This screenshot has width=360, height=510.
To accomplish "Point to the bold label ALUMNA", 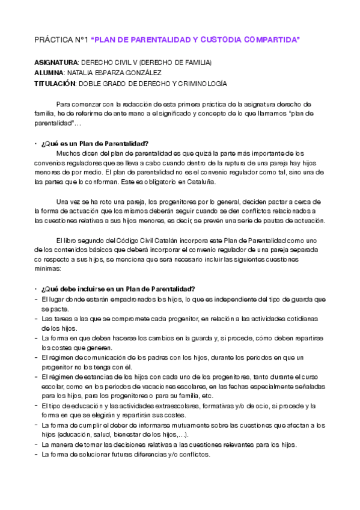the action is pyautogui.click(x=49, y=73).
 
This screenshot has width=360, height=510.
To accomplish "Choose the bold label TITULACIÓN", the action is pyautogui.click(x=56, y=83).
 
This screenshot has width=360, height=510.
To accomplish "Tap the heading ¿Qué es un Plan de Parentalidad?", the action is pyautogui.click(x=95, y=143).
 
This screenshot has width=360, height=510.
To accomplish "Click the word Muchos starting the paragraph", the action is pyautogui.click(x=67, y=153).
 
